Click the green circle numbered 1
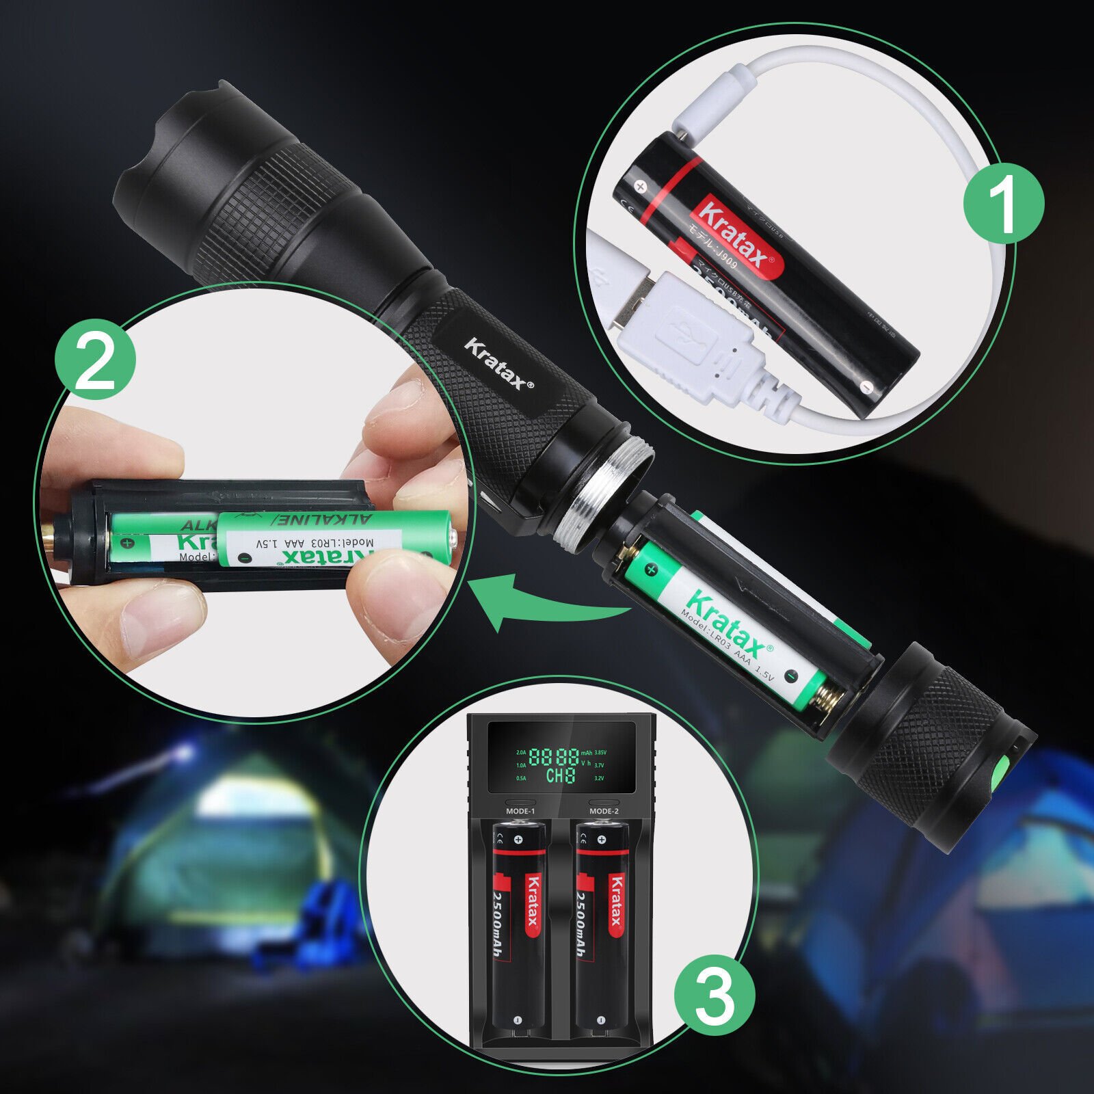[x=1003, y=202]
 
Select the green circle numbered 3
[x=714, y=995]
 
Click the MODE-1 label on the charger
[x=520, y=811]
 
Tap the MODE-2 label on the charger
[x=604, y=811]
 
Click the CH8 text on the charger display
[x=561, y=775]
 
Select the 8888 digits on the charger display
[x=554, y=756]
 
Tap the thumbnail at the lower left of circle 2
[x=157, y=615]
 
